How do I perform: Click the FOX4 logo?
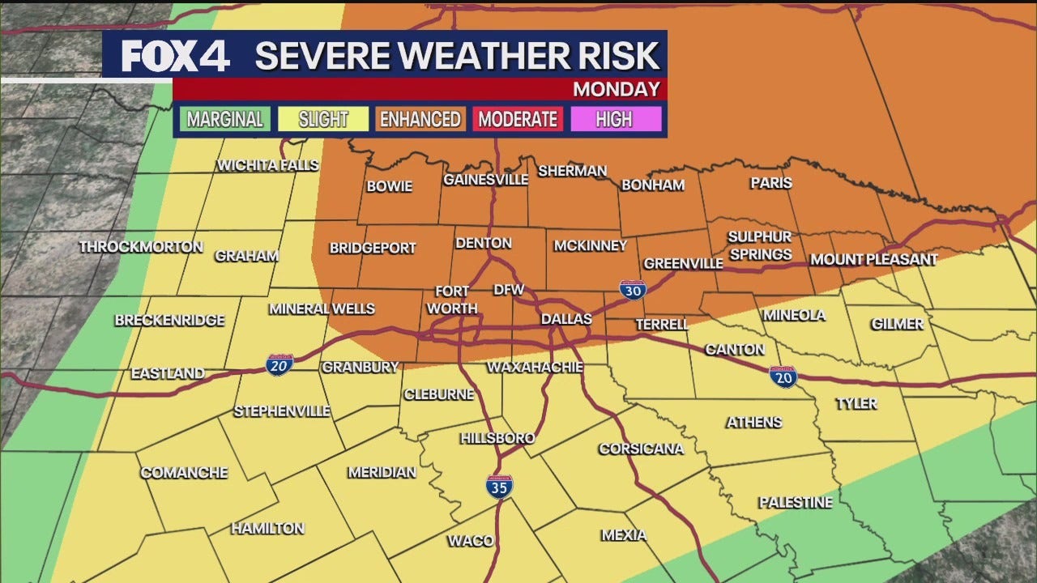tap(175, 55)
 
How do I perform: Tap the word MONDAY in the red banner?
tap(616, 89)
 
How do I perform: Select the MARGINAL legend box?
tap(225, 120)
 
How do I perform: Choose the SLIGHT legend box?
tap(322, 120)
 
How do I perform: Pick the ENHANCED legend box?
tap(420, 120)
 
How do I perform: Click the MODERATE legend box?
tap(518, 120)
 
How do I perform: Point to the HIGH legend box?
tap(613, 120)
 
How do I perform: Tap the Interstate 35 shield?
tap(499, 486)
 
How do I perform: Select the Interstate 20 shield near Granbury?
tap(280, 364)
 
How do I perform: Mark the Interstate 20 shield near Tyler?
tap(783, 376)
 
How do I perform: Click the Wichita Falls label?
tap(268, 166)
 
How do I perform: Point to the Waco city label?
tap(470, 541)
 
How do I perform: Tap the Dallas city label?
tap(566, 319)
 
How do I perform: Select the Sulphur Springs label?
tap(759, 245)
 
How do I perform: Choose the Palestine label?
tap(795, 503)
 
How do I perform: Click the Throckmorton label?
tap(141, 247)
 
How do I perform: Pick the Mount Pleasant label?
tap(873, 260)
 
